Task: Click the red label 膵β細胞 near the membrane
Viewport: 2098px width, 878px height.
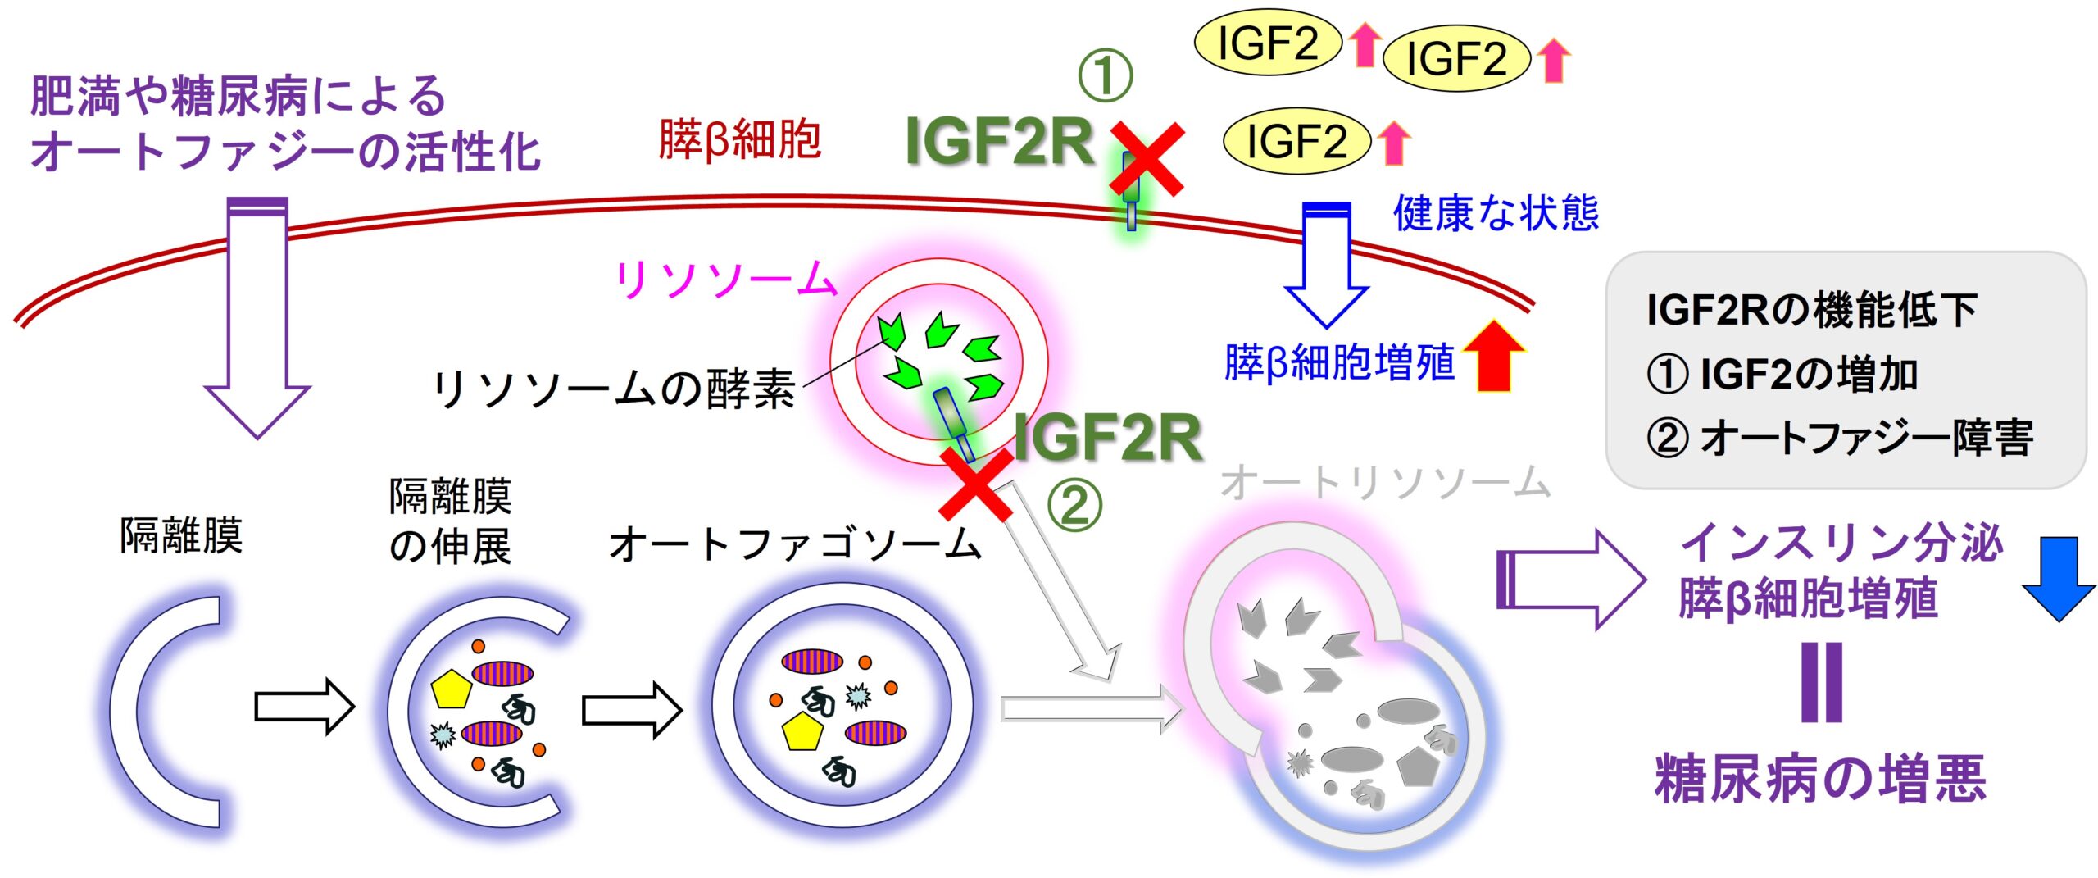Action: point(739,139)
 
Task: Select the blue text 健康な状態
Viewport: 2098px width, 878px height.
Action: point(1496,213)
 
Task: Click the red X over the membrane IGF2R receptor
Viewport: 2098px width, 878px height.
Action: point(1147,159)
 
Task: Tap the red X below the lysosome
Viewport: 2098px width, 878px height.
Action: point(975,484)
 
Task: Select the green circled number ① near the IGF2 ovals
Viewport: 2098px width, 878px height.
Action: point(1105,75)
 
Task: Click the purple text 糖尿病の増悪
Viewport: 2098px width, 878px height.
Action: point(1820,779)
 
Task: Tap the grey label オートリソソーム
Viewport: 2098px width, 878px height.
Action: point(1385,482)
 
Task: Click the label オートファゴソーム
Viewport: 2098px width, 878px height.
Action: point(795,544)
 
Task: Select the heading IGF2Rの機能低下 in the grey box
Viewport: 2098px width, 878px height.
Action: point(1812,310)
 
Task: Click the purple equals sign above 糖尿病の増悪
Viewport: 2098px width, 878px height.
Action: point(1822,682)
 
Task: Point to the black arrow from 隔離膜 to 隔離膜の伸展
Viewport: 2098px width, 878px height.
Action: point(304,705)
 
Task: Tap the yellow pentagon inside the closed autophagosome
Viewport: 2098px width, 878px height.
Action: point(802,732)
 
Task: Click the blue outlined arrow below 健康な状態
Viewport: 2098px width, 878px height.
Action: point(1325,266)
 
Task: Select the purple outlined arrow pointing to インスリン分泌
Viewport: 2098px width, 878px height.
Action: point(1569,579)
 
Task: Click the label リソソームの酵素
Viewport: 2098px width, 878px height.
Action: point(614,389)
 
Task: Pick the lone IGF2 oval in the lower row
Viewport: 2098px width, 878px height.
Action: point(1296,141)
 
